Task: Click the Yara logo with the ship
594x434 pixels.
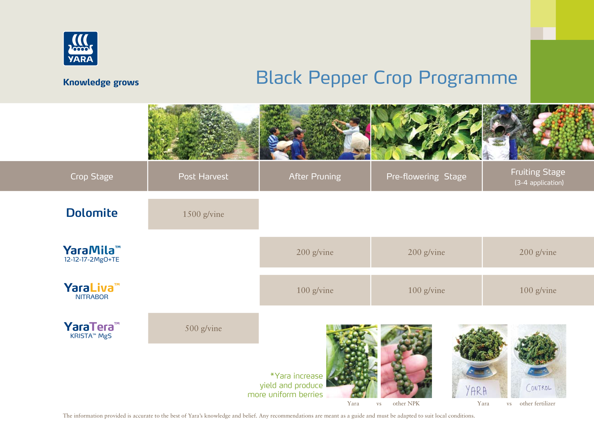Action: tap(80, 48)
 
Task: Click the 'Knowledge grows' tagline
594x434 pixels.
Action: tap(101, 82)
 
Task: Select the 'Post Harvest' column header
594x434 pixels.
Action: tap(203, 176)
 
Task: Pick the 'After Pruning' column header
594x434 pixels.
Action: tap(315, 176)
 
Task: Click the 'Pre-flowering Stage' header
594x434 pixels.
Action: tap(426, 176)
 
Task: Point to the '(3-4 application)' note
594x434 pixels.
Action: tap(539, 183)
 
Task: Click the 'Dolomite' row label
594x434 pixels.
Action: tap(92, 213)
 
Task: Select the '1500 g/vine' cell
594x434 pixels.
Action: tap(203, 214)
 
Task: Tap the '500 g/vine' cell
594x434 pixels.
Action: tap(203, 328)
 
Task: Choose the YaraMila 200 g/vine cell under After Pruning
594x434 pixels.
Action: tap(315, 252)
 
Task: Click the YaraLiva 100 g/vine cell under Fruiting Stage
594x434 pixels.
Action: tap(538, 290)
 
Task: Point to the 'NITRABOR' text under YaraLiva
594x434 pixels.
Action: tap(92, 297)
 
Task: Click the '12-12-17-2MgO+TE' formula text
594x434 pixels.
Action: tap(92, 259)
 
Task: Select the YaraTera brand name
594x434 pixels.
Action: tap(91, 327)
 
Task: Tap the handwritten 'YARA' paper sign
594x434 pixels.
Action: tap(476, 389)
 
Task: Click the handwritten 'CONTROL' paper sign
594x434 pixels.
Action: tap(539, 388)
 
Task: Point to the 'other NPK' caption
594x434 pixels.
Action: tap(406, 404)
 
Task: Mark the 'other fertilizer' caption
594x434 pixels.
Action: tap(537, 404)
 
